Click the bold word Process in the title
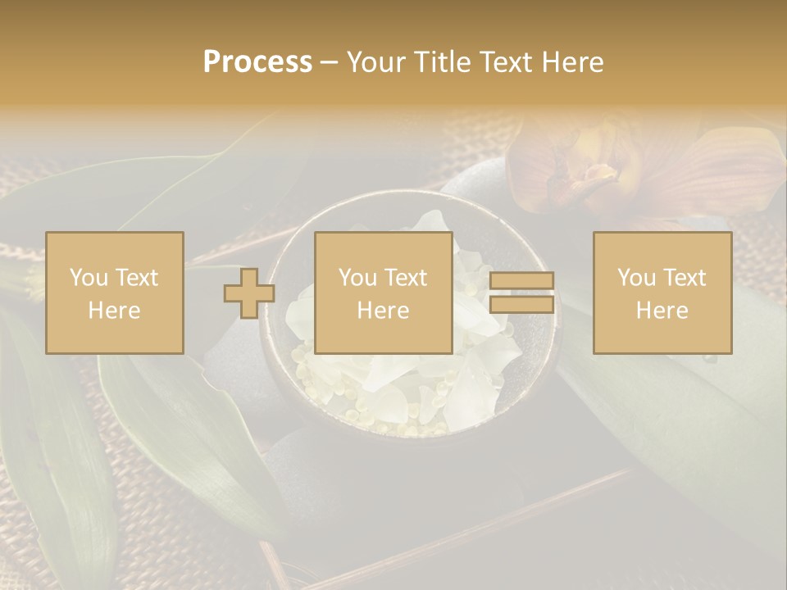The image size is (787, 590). coord(257,62)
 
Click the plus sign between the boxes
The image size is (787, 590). coord(249,293)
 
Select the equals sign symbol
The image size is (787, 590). coord(521,293)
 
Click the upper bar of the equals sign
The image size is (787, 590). coord(521,281)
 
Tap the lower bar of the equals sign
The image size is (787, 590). coord(521,304)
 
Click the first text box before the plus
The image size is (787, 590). coord(115,293)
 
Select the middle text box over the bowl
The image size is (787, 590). coord(384,293)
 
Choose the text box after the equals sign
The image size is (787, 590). coord(662,293)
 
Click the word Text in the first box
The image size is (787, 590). coord(135,278)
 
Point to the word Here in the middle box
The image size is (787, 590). coord(384,311)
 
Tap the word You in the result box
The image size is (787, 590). coord(636,278)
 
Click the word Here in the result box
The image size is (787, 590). coord(662,311)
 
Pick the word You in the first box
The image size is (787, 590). coord(89,278)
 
